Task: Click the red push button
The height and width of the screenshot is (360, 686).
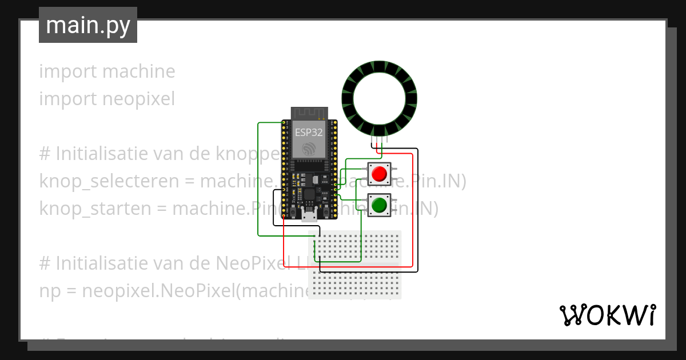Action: click(x=379, y=173)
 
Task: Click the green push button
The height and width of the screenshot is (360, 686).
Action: click(x=379, y=205)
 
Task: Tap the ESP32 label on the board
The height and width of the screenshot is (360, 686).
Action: click(x=309, y=133)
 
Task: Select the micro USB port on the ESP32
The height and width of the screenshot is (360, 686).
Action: click(x=309, y=215)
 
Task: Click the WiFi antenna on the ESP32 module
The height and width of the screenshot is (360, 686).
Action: click(x=309, y=113)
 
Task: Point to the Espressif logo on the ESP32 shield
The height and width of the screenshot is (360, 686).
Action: click(x=309, y=149)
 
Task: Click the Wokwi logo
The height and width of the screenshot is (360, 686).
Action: click(x=607, y=315)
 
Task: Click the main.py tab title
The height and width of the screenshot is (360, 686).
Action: click(x=88, y=25)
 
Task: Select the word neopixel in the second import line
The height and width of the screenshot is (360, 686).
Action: click(x=139, y=99)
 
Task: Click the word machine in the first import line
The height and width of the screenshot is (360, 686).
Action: click(x=139, y=71)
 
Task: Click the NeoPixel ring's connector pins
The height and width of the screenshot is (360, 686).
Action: click(x=379, y=139)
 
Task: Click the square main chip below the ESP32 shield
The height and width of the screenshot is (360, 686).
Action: click(x=309, y=194)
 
